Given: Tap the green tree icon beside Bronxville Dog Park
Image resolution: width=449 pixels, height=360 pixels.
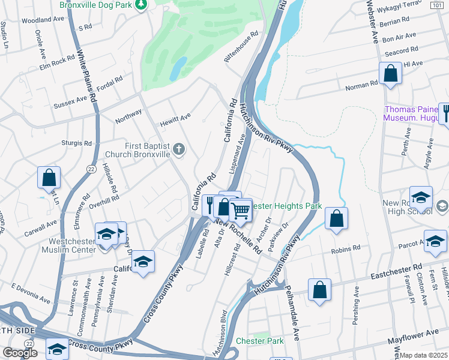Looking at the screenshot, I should [x=140, y=5].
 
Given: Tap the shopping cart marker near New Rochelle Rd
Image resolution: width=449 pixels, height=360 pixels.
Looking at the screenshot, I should [x=241, y=211].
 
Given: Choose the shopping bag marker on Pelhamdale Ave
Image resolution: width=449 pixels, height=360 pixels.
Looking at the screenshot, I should [x=320, y=290].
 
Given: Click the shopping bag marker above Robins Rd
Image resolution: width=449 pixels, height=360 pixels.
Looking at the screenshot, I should [x=337, y=219].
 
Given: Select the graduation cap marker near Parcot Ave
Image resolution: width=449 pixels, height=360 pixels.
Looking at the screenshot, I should [x=435, y=241].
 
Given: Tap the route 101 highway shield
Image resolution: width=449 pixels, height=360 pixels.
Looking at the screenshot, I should [x=436, y=5].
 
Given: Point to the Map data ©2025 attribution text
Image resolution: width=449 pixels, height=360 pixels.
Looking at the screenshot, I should [x=424, y=355].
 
